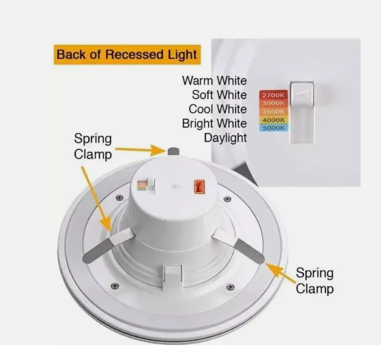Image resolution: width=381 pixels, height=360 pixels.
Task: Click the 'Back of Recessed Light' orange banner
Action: pos(127,54)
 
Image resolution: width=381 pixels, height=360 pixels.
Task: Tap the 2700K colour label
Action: pos(274,95)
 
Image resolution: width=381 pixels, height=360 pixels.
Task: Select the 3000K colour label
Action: pos(274,103)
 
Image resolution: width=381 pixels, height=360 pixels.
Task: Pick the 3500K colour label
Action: pos(274,111)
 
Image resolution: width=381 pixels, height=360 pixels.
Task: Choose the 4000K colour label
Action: pos(274,120)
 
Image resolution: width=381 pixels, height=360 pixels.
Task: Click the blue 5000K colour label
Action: pos(274,128)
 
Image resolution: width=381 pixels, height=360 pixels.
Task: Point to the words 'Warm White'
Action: pos(214,81)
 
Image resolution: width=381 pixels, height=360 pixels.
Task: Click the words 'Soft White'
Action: pos(219,95)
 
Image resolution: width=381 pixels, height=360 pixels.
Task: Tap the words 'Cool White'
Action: pos(218,109)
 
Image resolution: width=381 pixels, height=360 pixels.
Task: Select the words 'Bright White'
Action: pos(214,124)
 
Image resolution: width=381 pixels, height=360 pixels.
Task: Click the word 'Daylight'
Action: pos(225,138)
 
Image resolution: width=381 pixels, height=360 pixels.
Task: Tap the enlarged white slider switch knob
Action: pos(302,94)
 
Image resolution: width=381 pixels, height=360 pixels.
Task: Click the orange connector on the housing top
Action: pos(199,187)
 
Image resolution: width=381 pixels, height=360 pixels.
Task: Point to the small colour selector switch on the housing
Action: pos(147,185)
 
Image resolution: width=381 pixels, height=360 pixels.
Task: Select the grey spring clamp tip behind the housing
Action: pos(173,151)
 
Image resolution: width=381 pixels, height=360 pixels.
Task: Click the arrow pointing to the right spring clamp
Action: pos(280,273)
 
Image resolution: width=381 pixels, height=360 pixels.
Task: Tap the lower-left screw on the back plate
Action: pos(115,286)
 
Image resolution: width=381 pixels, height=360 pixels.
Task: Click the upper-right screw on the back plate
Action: pos(227,199)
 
